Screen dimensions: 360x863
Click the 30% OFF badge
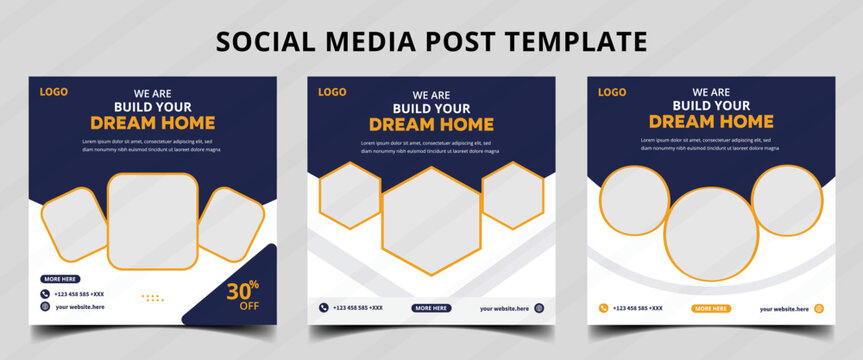tap(242, 296)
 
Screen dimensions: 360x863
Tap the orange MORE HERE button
tap(711, 309)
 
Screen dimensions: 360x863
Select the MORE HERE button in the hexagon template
tap(431, 308)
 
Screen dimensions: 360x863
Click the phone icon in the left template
tap(45, 294)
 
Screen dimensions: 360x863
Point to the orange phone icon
tap(603, 308)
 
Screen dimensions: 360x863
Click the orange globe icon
tap(818, 308)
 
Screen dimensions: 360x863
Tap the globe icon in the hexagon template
tap(539, 308)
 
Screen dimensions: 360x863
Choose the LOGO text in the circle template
tap(612, 93)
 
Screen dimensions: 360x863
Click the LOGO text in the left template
tap(54, 92)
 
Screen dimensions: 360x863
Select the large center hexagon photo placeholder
tap(432, 221)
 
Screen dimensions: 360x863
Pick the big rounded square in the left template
tap(152, 222)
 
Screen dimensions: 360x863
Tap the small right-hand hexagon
tap(512, 195)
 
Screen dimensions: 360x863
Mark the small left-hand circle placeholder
tap(634, 199)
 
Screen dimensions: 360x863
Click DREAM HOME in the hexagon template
tap(431, 125)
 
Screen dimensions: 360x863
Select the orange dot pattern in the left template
tap(153, 298)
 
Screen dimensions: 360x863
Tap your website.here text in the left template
tap(80, 307)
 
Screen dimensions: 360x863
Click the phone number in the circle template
tap(637, 308)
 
